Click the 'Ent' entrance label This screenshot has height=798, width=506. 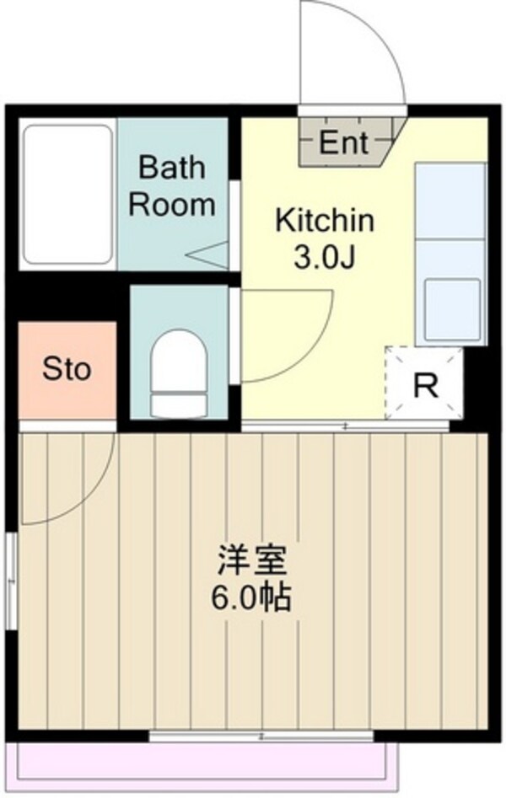point(343,142)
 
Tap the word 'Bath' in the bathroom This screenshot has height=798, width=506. point(172,167)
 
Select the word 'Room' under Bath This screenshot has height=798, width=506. point(172,204)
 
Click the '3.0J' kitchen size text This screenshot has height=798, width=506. point(325,258)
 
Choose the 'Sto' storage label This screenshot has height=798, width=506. point(67,368)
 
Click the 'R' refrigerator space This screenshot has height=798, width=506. point(425,386)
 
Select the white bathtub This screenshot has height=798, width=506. point(67,195)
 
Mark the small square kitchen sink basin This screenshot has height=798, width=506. point(453,309)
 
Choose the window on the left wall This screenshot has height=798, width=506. point(11,581)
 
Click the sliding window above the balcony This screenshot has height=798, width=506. point(261,736)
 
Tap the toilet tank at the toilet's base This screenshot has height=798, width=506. point(180,405)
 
